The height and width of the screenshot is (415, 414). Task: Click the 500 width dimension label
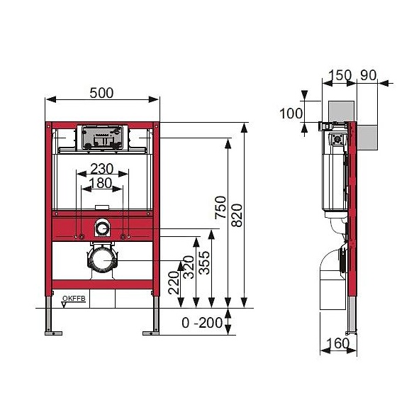click(x=103, y=92)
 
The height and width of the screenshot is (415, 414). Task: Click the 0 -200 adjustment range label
click(x=201, y=323)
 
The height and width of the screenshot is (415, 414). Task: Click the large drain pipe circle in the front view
click(x=102, y=259)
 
